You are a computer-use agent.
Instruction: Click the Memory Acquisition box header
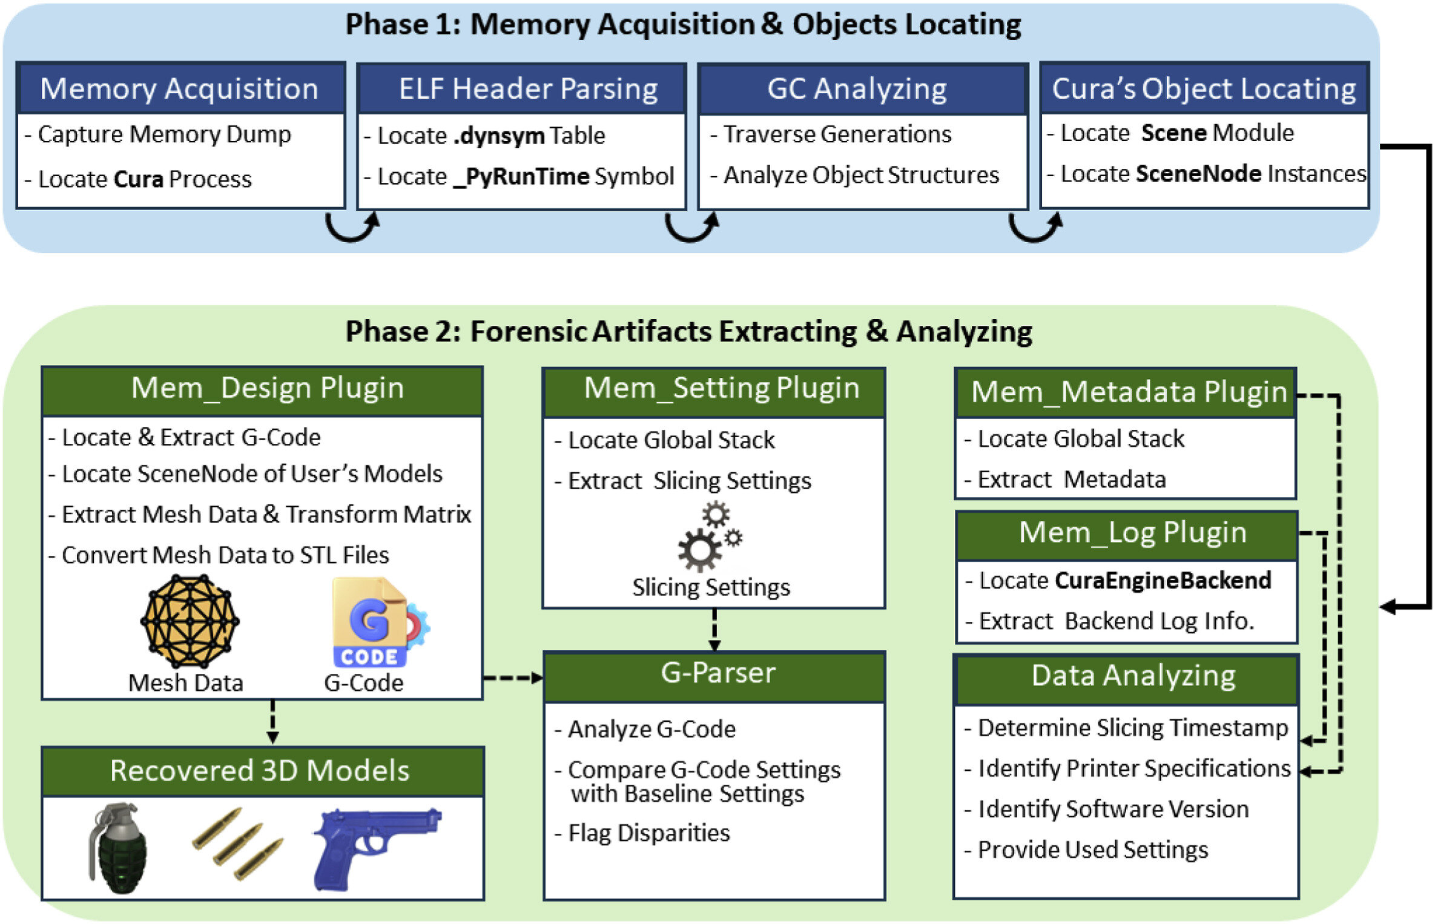(180, 89)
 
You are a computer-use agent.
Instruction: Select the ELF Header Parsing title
(528, 89)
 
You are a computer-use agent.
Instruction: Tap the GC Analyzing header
(857, 89)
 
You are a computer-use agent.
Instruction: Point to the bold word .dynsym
(499, 136)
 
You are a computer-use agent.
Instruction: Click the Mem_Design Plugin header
(267, 388)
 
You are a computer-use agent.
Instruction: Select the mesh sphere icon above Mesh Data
(190, 621)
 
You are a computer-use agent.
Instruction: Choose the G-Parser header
(717, 673)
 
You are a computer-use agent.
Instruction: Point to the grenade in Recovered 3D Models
(118, 847)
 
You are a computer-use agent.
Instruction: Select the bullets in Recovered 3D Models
(239, 843)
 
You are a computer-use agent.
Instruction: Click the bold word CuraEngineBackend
(1163, 581)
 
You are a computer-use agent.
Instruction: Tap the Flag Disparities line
(648, 833)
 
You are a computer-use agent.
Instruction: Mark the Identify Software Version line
(1113, 809)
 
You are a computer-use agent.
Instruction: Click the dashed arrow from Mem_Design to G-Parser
(512, 678)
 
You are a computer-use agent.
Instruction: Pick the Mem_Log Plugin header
(1132, 533)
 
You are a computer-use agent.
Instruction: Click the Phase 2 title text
(688, 332)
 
